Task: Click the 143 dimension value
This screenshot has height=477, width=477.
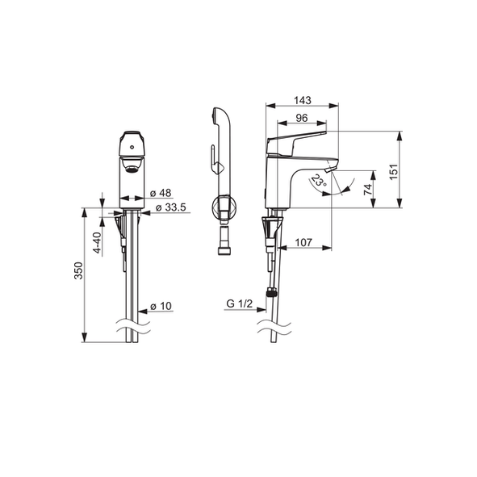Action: pos(303,100)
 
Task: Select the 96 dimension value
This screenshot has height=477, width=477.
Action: pos(302,118)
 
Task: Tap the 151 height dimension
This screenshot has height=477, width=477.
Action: pos(394,172)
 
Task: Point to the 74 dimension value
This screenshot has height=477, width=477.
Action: pos(368,189)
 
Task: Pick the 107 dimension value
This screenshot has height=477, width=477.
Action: pos(303,242)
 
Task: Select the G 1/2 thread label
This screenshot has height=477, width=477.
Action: pos(240,303)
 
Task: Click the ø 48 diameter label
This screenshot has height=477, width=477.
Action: pos(161,193)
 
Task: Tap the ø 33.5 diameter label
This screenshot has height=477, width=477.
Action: pos(170,207)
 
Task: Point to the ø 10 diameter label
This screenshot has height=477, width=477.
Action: pos(161,306)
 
